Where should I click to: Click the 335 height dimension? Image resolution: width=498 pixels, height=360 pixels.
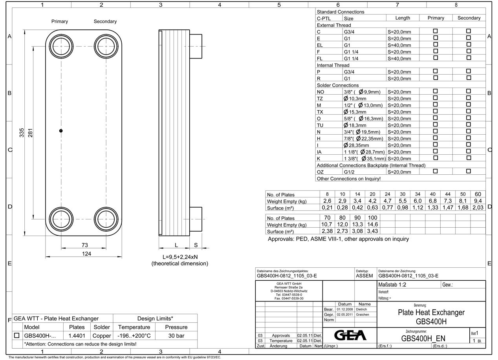coord(22,133)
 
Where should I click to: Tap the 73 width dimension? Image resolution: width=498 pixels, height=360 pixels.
coord(84,245)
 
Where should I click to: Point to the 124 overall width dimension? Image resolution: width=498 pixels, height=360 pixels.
coord(86,254)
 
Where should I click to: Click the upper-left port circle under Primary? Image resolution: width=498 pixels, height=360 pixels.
coord(61,46)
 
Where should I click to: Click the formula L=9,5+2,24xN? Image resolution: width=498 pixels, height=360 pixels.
coord(180,257)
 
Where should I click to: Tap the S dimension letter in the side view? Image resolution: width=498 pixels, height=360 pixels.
coord(196,245)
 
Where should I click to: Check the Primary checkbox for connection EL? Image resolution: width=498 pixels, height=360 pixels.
coord(435,44)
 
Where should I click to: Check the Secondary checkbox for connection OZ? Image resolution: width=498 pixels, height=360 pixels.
coord(468,171)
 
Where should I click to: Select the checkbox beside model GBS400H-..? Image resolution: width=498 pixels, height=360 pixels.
coord(17,336)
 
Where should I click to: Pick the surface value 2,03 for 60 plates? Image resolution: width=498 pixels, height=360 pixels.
coord(478,208)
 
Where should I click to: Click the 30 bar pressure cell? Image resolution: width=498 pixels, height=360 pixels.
coord(176,336)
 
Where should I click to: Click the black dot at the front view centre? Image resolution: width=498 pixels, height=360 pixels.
coord(61,131)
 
